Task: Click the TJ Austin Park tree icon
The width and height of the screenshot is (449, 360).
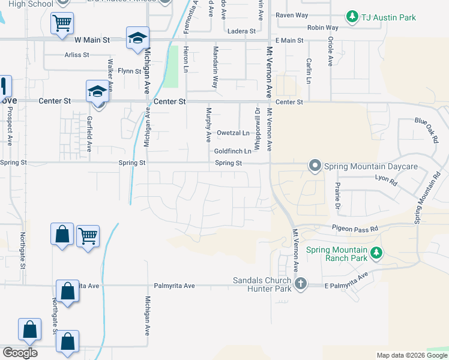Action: click(x=352, y=17)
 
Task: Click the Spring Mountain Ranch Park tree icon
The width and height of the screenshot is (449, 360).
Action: click(x=376, y=253)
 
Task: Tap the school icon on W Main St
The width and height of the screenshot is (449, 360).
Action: click(x=137, y=38)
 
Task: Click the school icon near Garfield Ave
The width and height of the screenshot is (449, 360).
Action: click(x=97, y=91)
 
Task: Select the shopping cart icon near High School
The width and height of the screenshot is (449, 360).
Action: click(x=62, y=24)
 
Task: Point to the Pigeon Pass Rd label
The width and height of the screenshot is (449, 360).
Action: click(x=356, y=229)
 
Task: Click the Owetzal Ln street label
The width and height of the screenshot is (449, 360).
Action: click(x=233, y=133)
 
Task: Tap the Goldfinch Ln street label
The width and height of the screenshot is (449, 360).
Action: click(x=233, y=151)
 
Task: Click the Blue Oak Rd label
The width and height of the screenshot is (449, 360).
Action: click(x=427, y=128)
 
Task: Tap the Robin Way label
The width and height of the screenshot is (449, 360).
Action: click(x=322, y=28)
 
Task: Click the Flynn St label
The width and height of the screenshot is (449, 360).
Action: click(x=129, y=71)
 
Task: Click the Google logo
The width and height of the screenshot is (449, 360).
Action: click(x=20, y=353)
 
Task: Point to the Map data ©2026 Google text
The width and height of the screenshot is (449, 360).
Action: click(x=411, y=355)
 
